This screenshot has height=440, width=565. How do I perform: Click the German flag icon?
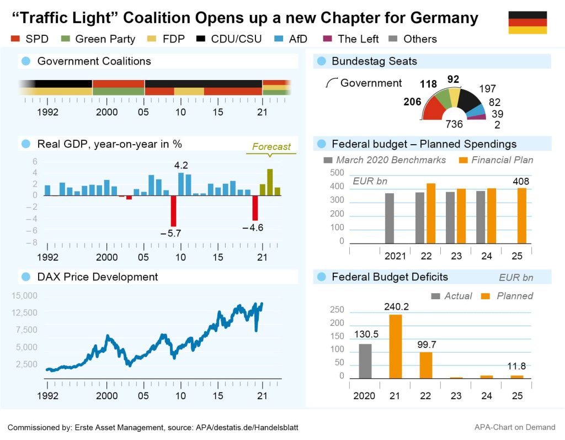527,23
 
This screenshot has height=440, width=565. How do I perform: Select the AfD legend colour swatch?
279,39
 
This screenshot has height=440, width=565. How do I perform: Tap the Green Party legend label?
105,39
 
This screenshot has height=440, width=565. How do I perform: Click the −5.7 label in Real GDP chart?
170,234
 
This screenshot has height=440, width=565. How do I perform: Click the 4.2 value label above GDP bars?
181,165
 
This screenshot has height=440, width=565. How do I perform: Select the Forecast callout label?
271,147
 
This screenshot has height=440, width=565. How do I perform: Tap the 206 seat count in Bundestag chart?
412,102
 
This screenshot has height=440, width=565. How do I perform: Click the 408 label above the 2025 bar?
520,181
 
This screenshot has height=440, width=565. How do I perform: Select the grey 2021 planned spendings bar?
390,218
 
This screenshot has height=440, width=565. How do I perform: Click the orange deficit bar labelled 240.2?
396,346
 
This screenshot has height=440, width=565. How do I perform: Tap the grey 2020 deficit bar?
365,361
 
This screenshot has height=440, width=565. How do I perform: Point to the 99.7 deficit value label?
425,344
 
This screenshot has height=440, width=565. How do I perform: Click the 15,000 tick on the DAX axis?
24,296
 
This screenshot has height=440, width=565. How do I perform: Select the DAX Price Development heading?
97,277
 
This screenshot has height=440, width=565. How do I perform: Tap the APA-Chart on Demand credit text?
515,427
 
